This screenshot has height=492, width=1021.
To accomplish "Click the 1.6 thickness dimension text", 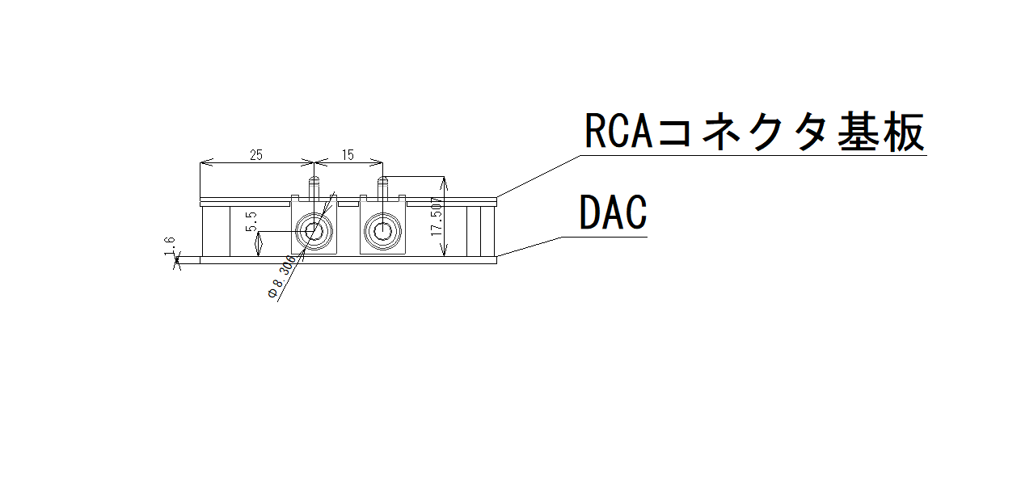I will (168, 246).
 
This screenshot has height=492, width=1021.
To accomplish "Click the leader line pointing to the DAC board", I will (529, 247).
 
